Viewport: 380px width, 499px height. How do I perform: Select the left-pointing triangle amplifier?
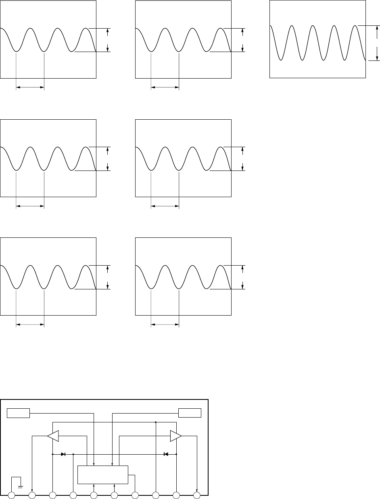(53, 436)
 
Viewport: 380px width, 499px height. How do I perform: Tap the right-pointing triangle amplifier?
(175, 436)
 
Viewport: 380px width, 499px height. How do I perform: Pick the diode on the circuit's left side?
(63, 454)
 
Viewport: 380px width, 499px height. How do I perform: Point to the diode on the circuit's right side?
(166, 454)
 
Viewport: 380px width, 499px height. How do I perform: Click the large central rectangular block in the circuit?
(102, 474)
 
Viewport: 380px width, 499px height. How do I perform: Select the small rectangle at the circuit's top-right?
(190, 413)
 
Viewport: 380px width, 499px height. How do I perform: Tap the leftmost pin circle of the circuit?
(12, 495)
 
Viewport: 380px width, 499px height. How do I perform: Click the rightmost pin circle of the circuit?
(197, 495)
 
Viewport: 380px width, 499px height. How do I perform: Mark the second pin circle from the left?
(32, 495)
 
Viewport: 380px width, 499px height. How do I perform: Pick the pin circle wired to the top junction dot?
(156, 495)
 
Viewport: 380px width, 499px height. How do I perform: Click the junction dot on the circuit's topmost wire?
(156, 422)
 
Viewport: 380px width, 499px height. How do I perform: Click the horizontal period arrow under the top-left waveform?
(30, 86)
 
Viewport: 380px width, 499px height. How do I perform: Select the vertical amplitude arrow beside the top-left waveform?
(108, 40)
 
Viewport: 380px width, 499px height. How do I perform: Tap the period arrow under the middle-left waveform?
(30, 206)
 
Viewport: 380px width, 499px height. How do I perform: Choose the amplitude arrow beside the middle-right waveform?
(243, 159)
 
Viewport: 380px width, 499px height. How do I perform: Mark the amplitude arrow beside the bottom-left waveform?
(108, 277)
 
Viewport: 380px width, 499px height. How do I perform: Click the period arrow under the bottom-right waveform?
(165, 325)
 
